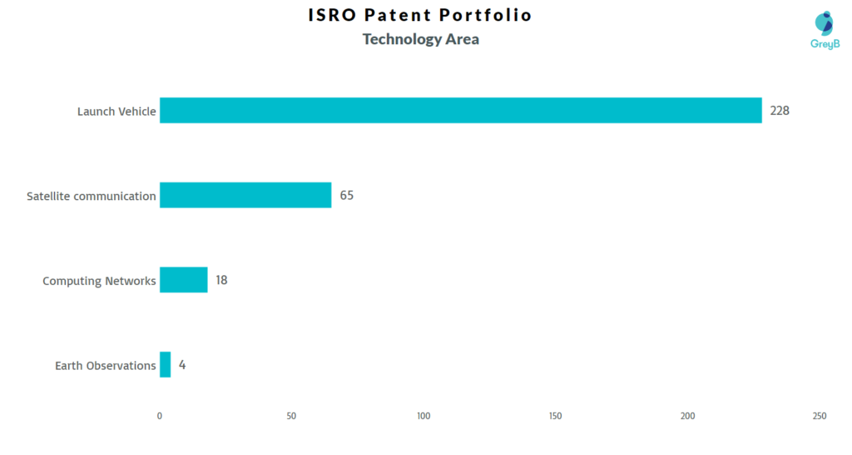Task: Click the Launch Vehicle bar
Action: point(461,111)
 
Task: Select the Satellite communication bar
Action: point(245,195)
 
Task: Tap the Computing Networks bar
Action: point(184,280)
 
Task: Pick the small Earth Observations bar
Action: point(166,365)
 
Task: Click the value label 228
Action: point(780,111)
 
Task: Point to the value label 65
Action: point(347,195)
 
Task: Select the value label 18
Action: point(221,280)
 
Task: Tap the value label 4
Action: point(182,365)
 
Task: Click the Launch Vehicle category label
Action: point(116,112)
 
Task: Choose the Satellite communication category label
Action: point(92,196)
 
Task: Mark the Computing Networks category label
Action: point(100,282)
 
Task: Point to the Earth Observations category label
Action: point(106,366)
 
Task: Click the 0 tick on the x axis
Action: point(159,417)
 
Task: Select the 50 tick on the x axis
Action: point(291,417)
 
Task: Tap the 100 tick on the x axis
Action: point(424,417)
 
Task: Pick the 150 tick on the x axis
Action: point(555,417)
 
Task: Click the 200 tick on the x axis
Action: point(687,417)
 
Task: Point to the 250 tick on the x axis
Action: point(820,417)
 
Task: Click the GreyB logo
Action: point(825,31)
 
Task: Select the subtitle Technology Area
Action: point(421,40)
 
